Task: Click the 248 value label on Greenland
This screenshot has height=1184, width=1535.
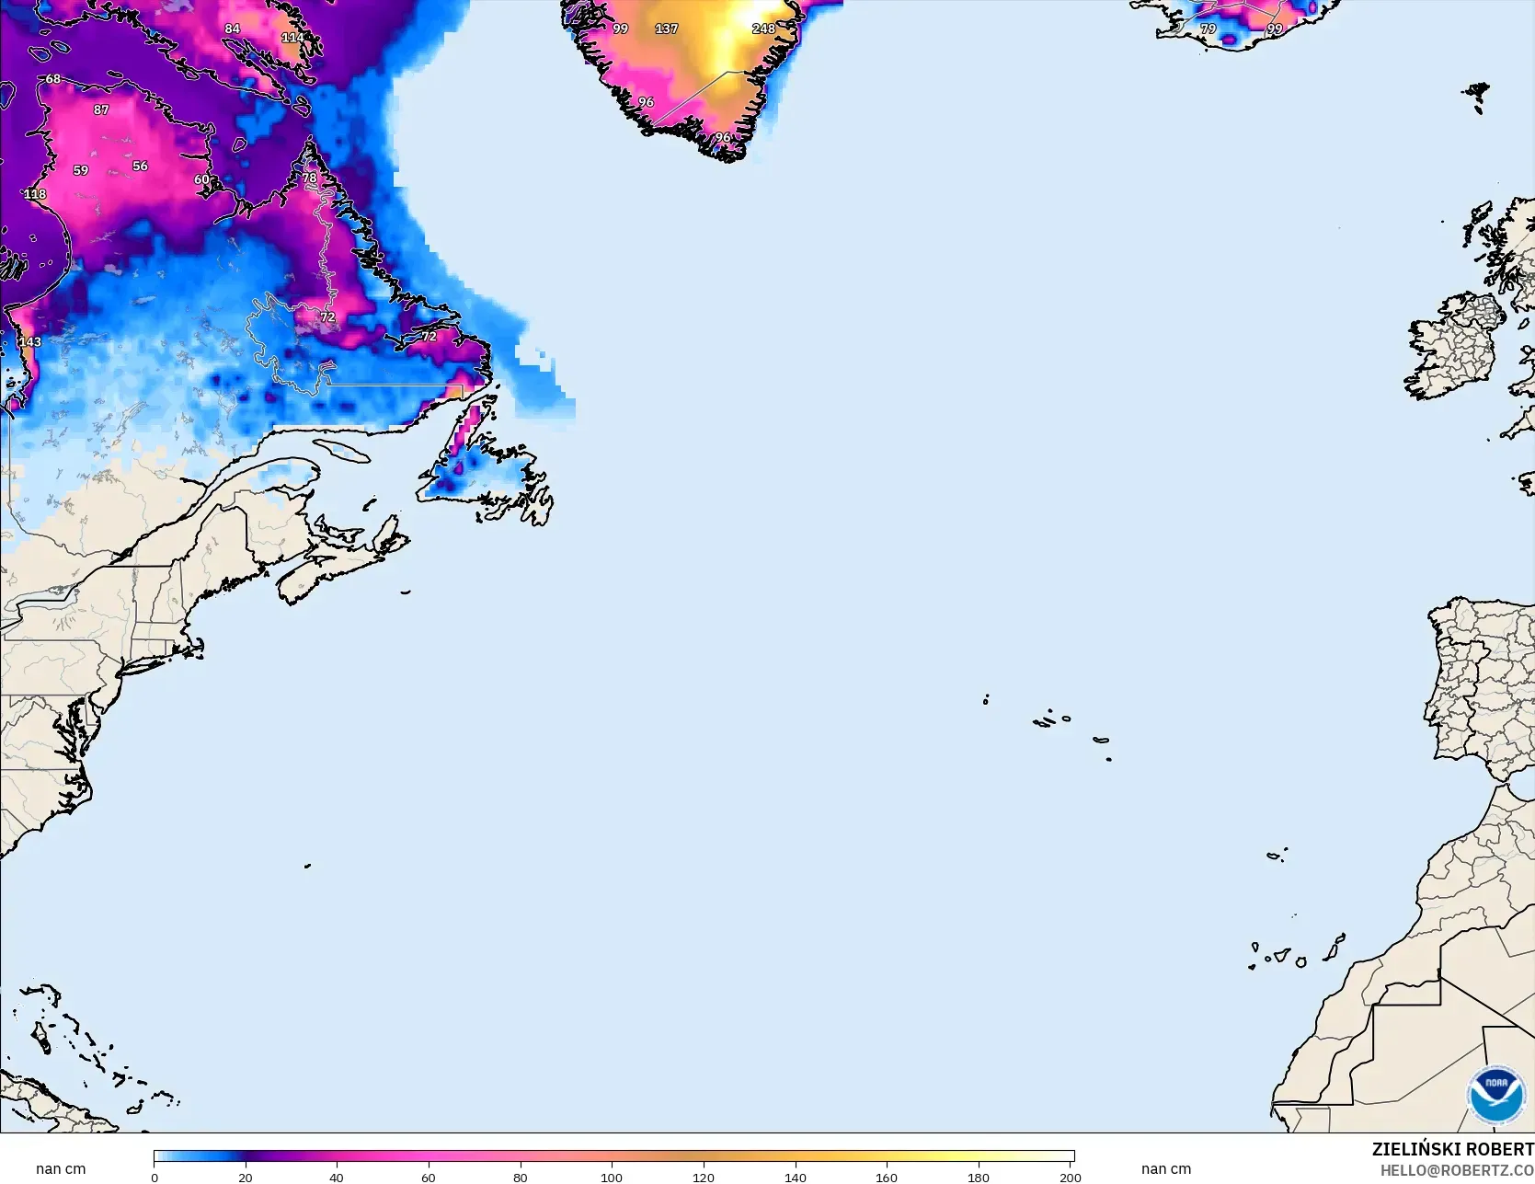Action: (x=763, y=29)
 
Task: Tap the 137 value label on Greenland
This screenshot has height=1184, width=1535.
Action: (x=666, y=29)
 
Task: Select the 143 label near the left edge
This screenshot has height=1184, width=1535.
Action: (x=29, y=341)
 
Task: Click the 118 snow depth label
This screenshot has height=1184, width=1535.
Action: (x=35, y=194)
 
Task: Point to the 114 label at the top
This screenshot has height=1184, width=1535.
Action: (x=292, y=38)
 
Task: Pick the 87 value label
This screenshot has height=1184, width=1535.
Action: (x=101, y=109)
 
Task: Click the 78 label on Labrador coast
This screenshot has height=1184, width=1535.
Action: (x=309, y=178)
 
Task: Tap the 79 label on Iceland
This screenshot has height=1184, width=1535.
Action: (x=1208, y=29)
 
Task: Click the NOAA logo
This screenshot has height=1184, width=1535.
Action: (x=1495, y=1094)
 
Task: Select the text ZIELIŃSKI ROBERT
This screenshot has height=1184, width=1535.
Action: (x=1452, y=1149)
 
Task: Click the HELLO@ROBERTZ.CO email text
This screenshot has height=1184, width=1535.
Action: (x=1457, y=1170)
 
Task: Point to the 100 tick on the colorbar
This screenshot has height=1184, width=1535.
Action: (x=612, y=1178)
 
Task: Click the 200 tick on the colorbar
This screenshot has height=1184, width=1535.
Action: (x=1070, y=1178)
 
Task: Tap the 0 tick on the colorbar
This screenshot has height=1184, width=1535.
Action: (x=155, y=1178)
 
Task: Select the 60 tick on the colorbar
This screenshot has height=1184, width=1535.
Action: (x=429, y=1178)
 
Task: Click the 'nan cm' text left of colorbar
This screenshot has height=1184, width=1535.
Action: (x=61, y=1169)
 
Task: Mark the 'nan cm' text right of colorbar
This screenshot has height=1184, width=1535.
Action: (x=1165, y=1169)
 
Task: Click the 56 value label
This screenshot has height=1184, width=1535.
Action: (x=140, y=167)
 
